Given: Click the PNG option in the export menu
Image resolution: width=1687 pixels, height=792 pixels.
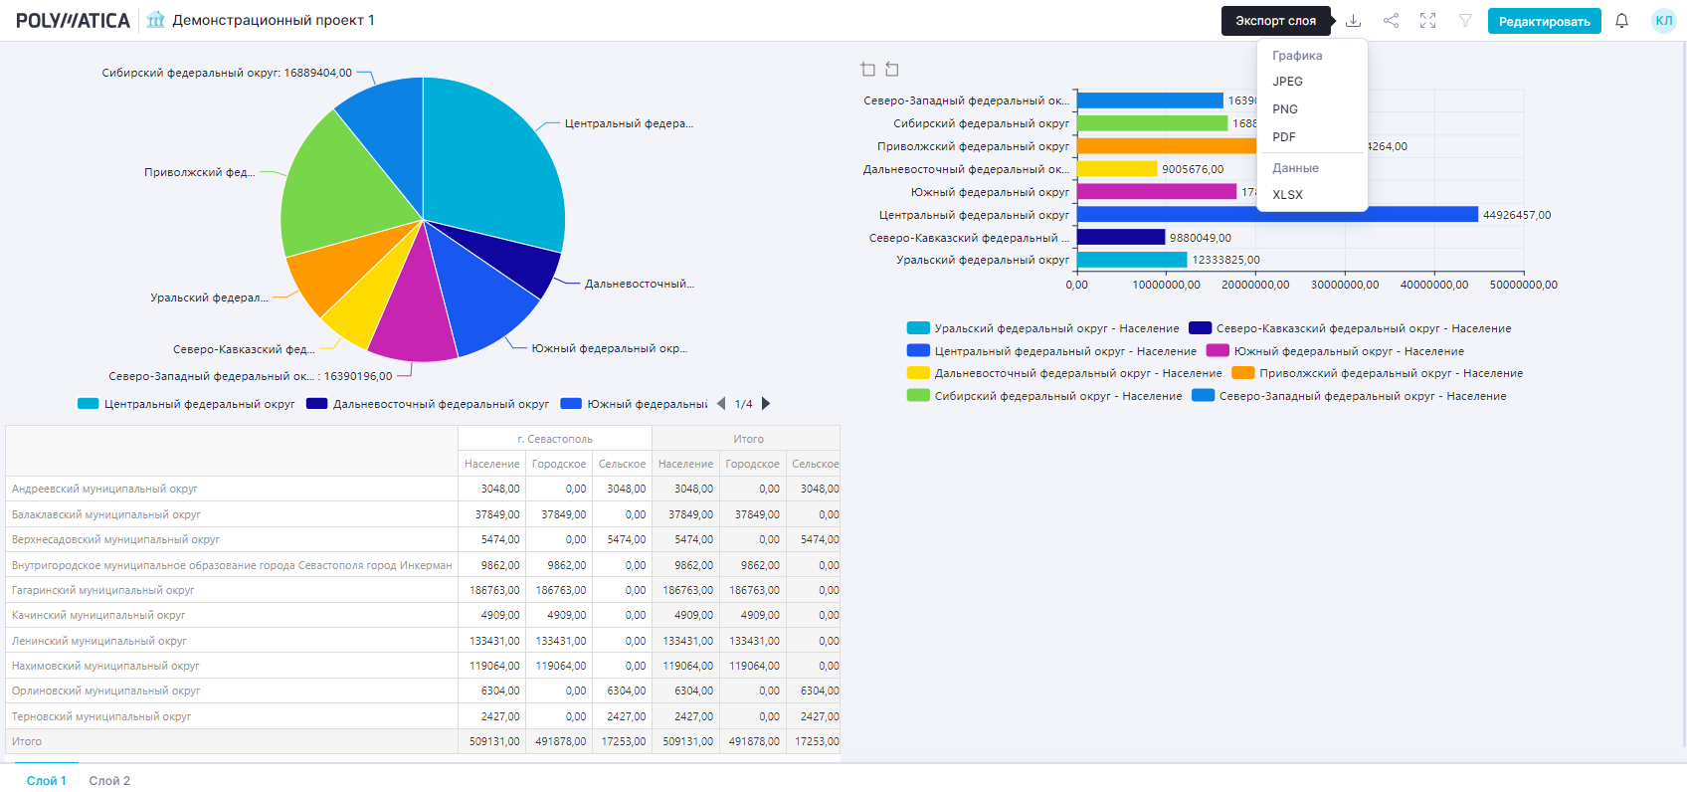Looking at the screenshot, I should point(1285,109).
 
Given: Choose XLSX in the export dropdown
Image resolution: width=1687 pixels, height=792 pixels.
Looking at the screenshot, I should point(1287,195).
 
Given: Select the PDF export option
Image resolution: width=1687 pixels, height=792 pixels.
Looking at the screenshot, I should point(1284,137).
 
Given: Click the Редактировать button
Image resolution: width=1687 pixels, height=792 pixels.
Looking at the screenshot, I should point(1544,21).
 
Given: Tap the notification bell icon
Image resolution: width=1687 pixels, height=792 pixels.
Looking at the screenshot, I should point(1621,21).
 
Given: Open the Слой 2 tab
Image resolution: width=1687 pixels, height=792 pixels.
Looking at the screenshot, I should point(109,781).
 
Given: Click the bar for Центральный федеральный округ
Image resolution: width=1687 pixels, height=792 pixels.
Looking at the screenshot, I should point(1276,215).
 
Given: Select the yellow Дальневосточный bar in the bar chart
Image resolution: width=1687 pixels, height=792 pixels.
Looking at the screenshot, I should point(1116,169).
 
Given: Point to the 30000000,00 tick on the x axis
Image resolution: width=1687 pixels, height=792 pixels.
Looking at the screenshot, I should point(1345,285).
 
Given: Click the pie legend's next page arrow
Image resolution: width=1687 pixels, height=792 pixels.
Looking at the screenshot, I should point(766,404).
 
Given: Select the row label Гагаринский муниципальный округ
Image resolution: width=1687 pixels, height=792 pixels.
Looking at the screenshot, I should point(103,590).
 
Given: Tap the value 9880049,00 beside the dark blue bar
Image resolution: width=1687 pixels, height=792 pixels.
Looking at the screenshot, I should point(1201,238).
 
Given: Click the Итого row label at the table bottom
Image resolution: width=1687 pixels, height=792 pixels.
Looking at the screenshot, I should point(27,741).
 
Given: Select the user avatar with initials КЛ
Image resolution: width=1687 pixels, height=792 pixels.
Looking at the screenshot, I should point(1663,21).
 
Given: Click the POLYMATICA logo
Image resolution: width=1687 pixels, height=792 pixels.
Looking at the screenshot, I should point(73,21).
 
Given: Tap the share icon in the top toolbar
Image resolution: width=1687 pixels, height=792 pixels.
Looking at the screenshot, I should point(1391,21).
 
